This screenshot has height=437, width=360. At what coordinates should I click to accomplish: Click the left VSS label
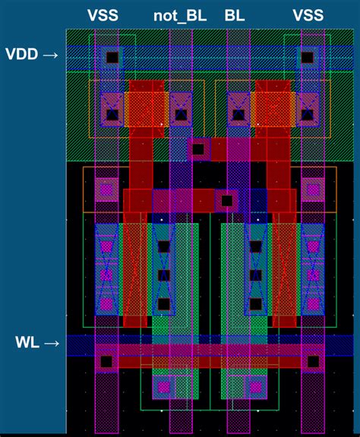coord(103,15)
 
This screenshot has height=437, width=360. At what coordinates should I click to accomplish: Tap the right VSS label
coord(308,15)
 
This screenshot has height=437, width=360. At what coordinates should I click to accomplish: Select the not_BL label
coord(180,16)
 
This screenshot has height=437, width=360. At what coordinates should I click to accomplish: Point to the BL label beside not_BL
coord(235,15)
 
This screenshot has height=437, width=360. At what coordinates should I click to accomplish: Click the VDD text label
coord(22,54)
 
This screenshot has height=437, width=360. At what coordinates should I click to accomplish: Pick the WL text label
coord(27,342)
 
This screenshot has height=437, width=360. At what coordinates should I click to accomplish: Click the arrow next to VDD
coord(51,55)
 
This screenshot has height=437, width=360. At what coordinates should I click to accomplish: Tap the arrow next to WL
coord(52,343)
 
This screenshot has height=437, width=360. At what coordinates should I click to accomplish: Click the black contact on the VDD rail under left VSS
coord(112,58)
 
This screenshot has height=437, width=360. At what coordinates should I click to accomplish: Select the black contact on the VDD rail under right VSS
coord(308,58)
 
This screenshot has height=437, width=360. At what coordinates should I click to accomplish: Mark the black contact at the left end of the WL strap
coord(106,361)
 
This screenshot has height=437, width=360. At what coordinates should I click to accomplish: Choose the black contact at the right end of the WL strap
coord(313,361)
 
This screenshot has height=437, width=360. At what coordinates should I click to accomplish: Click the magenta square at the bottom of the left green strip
coord(163,387)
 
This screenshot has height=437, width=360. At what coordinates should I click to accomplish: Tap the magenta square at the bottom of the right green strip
coord(256,387)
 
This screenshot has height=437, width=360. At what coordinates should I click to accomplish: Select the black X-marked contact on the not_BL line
coord(181,115)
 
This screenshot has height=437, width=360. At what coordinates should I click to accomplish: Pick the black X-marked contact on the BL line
coord(238,115)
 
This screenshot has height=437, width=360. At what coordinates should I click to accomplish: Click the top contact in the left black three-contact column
coord(164,247)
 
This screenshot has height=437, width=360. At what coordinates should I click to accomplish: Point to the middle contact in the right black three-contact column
coord(256,275)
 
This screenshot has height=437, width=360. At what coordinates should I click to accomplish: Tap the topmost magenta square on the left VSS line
coord(106,190)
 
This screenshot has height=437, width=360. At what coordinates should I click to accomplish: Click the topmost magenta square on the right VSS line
coord(313,190)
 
